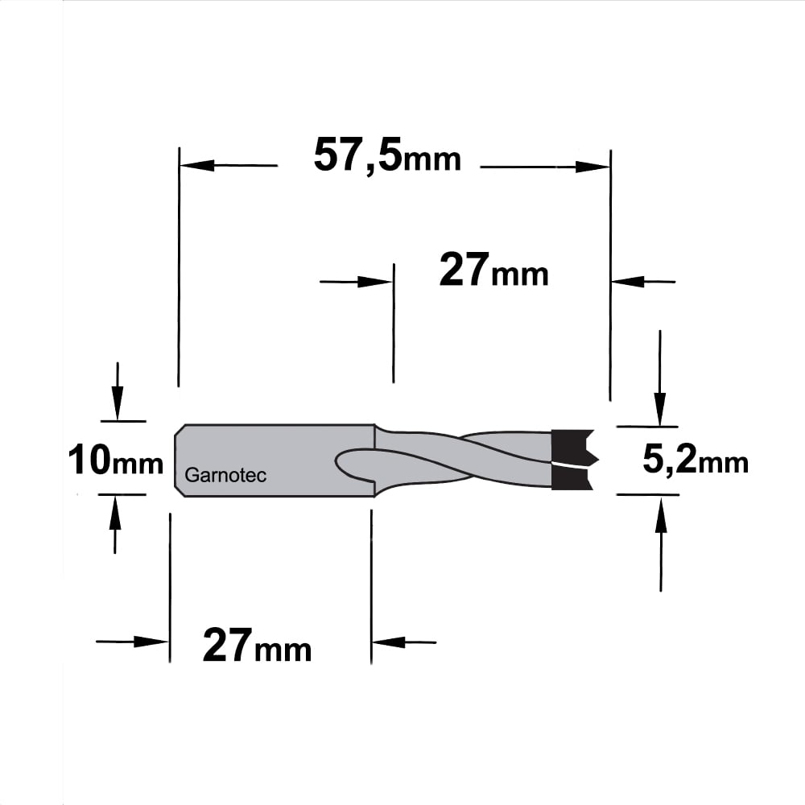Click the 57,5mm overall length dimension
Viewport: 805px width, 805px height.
point(388,155)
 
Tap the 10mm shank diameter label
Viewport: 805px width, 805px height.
point(115,460)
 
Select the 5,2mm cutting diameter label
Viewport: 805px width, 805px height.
point(696,460)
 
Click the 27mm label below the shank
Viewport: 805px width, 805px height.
point(258,646)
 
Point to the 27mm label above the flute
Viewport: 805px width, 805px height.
point(494,270)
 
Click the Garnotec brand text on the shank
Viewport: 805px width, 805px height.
point(225,475)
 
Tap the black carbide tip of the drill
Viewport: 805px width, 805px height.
point(572,460)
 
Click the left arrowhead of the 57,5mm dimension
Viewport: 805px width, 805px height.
point(196,165)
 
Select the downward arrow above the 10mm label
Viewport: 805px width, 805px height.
point(118,392)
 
